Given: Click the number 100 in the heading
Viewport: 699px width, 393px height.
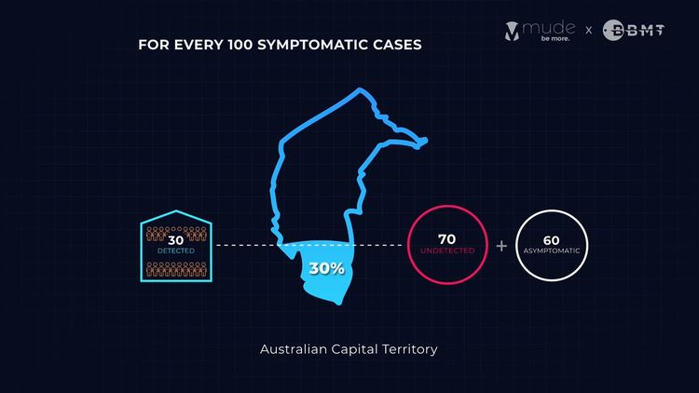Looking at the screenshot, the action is tap(240, 45).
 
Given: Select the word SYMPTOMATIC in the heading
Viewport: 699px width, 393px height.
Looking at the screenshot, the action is tap(308, 45).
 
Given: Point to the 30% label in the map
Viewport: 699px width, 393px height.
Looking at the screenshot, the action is tap(327, 268).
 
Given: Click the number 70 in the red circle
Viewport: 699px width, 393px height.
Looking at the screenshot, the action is tap(446, 239).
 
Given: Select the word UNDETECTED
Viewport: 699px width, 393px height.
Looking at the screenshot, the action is tap(447, 251).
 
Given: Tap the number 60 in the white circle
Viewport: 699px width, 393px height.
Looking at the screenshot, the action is tap(552, 240).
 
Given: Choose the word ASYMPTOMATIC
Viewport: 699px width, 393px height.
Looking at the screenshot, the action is tap(552, 251).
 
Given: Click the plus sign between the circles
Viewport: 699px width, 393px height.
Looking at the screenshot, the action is tap(501, 246).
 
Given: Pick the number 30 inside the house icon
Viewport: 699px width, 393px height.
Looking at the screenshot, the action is tap(176, 240).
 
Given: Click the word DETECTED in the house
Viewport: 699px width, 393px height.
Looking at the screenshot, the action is tap(176, 251).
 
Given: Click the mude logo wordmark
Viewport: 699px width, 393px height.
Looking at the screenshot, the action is tap(549, 28).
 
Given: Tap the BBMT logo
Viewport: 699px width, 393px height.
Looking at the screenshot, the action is tap(634, 31).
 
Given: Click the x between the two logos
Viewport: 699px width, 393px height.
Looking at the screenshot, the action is tap(589, 31).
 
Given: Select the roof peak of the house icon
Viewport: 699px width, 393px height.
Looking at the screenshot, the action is tap(176, 210).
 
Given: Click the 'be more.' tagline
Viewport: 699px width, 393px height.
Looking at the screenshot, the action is tap(555, 39).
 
